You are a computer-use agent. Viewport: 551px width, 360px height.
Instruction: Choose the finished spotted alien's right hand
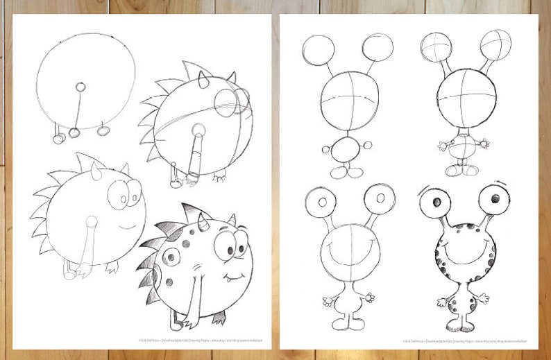(482, 298)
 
